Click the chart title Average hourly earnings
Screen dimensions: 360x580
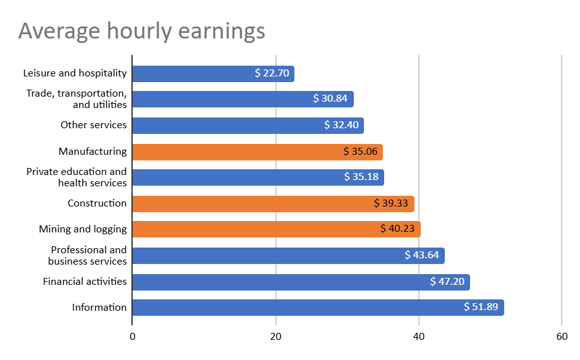tap(142, 31)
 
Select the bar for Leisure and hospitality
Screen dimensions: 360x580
tap(190, 74)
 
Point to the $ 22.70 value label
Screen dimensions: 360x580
tap(272, 73)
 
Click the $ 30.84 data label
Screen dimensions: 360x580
tap(330, 99)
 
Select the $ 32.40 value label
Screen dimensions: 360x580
tap(341, 125)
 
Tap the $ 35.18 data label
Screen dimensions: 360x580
tap(361, 177)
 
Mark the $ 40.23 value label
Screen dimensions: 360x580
tap(397, 229)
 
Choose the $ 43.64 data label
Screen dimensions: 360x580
tap(422, 255)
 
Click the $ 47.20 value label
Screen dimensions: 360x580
tap(447, 282)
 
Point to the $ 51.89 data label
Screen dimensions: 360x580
tap(481, 308)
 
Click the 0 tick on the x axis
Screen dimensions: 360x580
tap(132, 337)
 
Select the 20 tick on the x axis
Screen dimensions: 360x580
tap(275, 337)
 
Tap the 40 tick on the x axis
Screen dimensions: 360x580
tap(419, 337)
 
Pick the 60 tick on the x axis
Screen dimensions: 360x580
tap(562, 337)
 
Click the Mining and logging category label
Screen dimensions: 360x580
tap(83, 229)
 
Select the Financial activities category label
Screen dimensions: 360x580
tap(85, 282)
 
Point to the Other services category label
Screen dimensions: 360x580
tap(94, 125)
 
